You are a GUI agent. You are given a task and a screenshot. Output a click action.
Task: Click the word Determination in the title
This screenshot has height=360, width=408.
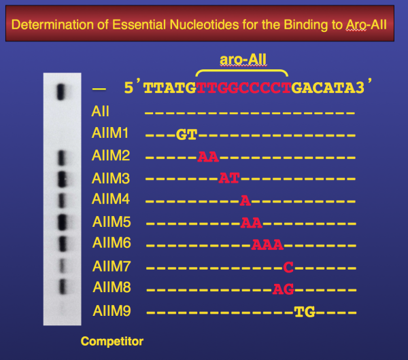53,25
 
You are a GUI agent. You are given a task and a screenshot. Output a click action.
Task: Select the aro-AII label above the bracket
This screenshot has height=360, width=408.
243,60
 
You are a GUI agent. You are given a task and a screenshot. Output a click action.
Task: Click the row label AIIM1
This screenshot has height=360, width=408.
110,133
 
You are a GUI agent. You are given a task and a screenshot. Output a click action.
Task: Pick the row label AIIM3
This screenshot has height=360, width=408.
111,179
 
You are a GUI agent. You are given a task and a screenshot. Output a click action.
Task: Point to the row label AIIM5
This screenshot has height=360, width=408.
112,222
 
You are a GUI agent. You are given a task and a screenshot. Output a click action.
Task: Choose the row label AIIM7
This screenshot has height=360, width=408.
112,266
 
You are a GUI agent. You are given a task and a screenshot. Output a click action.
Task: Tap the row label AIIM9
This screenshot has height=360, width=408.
112,311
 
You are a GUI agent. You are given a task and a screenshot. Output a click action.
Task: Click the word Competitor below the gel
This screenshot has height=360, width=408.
112,341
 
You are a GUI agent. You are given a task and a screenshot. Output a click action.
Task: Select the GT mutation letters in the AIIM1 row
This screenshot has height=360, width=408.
186,135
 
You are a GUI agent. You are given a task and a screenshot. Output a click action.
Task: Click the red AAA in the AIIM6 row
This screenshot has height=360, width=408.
267,245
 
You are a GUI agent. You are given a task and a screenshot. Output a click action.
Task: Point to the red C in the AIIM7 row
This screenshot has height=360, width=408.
288,267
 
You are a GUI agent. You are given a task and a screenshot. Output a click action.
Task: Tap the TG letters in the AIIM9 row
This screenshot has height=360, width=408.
305,312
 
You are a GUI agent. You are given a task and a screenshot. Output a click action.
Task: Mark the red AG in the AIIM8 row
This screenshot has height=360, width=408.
284,289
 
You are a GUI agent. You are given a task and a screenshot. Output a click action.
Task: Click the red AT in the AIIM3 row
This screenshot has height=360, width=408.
229,179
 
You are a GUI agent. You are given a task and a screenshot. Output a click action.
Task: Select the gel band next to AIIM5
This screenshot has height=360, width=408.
62,222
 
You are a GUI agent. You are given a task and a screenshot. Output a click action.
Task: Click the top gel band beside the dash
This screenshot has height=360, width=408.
61,92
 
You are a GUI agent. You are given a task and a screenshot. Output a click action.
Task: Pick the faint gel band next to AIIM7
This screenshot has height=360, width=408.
62,266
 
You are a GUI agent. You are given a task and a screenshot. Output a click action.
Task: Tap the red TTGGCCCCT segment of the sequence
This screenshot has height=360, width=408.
244,88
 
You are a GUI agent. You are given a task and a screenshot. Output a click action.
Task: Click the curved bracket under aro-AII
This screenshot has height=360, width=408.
241,70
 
